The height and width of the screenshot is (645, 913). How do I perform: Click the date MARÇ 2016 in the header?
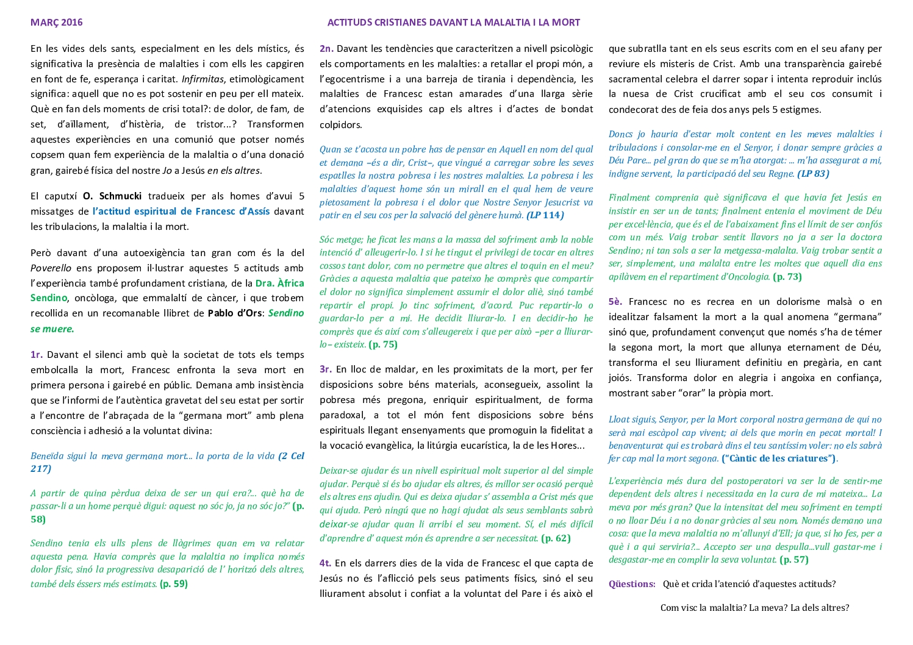pos(56,23)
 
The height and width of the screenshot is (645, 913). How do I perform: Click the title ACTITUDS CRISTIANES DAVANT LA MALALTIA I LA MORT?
pos(453,23)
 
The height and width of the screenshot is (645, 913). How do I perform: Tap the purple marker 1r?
pos(37,355)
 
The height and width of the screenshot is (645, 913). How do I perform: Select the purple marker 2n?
pos(326,49)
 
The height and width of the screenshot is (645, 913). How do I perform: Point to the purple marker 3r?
pos(326,369)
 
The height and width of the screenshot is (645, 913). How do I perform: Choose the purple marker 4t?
pos(326,563)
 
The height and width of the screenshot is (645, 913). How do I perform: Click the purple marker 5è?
pos(615,302)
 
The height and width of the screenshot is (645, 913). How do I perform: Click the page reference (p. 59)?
pos(173,584)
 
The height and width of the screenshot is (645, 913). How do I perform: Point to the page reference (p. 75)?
pos(383,344)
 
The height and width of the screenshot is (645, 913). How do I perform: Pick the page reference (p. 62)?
pos(556,538)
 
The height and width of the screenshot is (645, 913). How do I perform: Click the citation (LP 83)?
pos(812,174)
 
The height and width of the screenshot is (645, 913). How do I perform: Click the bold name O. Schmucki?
pos(112,196)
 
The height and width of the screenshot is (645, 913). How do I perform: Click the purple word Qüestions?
pos(632,584)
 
